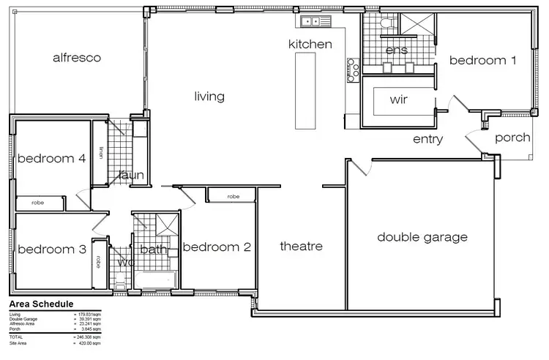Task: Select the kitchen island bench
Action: [x=303, y=91]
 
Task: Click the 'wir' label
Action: [x=399, y=99]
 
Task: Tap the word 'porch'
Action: [x=512, y=138]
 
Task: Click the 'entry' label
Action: [x=427, y=139]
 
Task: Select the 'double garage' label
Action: [x=422, y=237]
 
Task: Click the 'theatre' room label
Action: [x=301, y=247]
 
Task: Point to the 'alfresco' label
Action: [x=76, y=57]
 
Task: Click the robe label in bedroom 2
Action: [x=234, y=196]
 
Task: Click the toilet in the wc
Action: [x=120, y=280]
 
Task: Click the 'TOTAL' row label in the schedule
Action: [x=18, y=337]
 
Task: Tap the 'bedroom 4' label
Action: [x=51, y=158]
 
